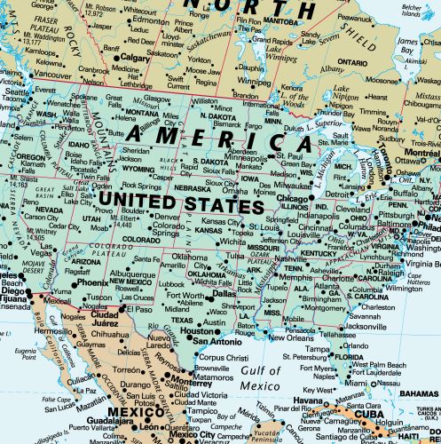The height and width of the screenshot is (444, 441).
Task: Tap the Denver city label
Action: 167,216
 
